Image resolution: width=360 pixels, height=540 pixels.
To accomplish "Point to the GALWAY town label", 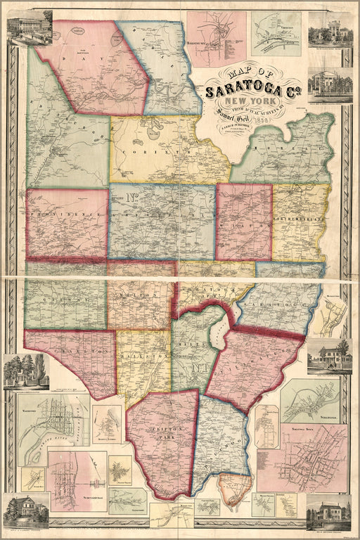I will (63, 299).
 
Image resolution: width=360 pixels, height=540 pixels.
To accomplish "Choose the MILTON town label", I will (141, 299).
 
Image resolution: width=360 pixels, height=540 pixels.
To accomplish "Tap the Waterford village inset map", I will (53, 428).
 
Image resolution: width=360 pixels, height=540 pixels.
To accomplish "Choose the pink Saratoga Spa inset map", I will (313, 456).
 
